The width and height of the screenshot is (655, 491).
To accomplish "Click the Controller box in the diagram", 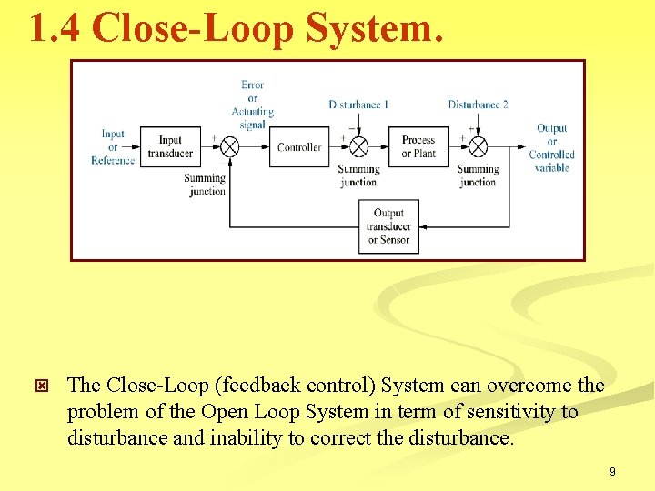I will point(299,147).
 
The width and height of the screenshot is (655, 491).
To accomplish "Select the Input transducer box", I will point(170,146).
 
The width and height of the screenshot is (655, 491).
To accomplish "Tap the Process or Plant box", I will point(418,146).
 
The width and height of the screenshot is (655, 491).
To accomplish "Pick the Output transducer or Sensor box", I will point(388,226).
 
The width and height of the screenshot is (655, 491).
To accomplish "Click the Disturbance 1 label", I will point(358,105).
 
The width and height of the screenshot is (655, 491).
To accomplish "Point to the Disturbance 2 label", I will point(478,105).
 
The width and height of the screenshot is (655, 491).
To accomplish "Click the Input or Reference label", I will point(113,147).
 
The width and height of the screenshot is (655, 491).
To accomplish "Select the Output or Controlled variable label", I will point(551,148).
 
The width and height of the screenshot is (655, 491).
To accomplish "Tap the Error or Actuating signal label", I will point(252,105).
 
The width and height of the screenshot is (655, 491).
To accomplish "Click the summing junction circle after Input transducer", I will point(230,147).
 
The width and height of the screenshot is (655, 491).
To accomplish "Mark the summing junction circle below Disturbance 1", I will point(358,147).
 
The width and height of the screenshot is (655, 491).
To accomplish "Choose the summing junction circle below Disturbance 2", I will point(477,147).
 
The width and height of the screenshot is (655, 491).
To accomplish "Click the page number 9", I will point(612,471).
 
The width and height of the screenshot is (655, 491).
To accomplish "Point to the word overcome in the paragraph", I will point(529,386).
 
